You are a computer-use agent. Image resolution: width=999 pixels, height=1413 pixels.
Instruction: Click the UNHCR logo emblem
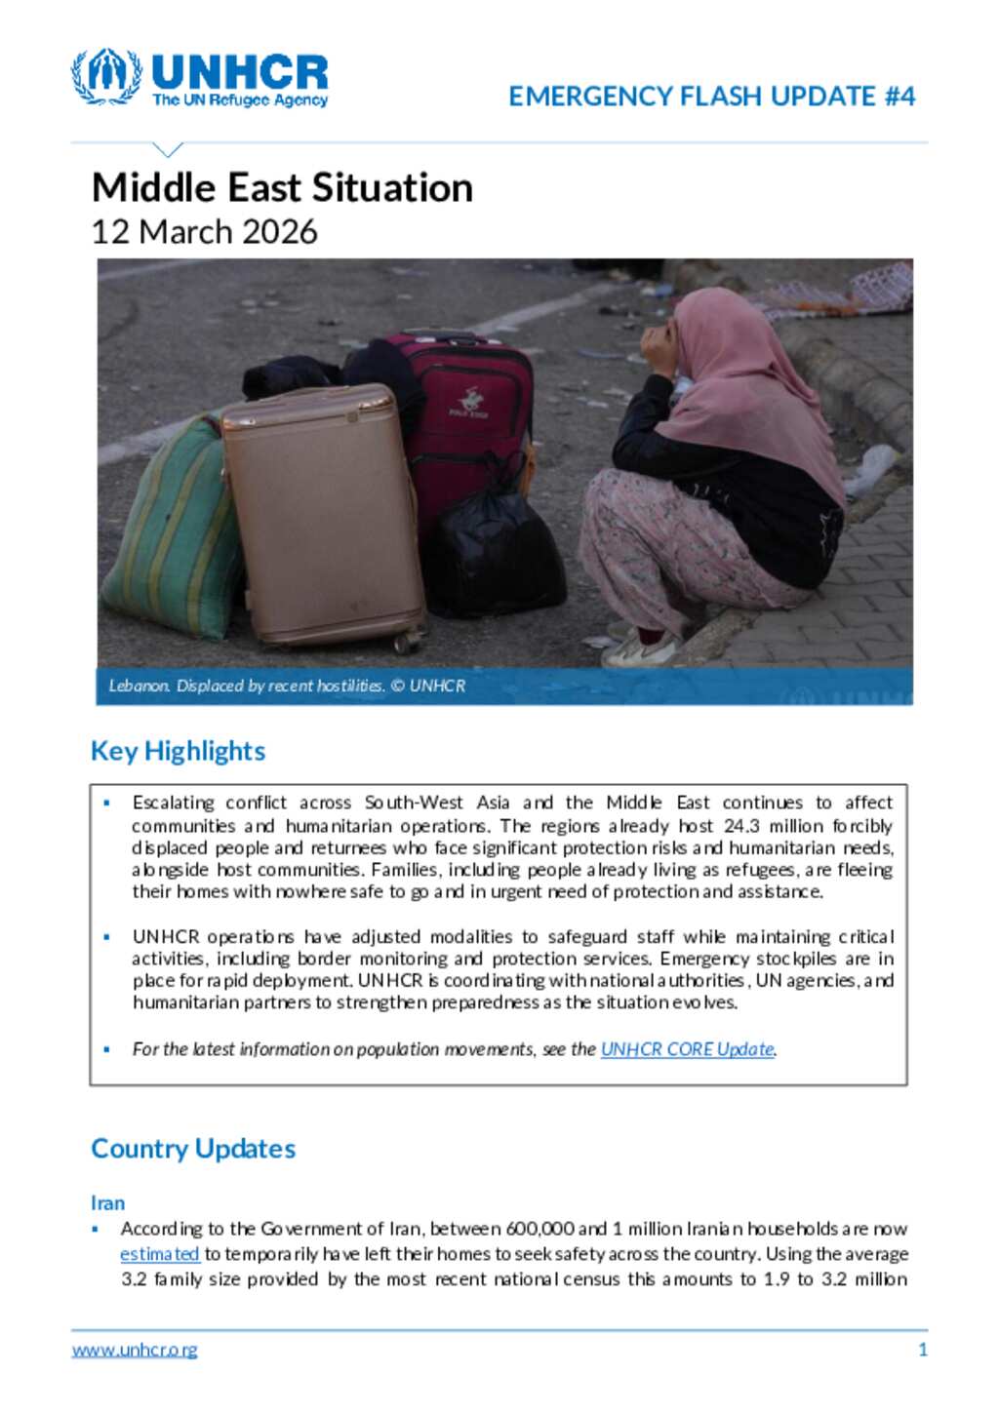coord(106,76)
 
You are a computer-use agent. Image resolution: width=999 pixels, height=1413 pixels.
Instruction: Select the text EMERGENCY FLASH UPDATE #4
coord(711,97)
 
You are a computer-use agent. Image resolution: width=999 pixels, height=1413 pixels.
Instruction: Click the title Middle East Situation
coord(282,187)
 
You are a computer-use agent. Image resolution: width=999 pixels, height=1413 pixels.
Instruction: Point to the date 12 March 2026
coord(204,232)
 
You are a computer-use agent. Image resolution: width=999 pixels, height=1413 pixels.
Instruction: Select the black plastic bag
coord(496,556)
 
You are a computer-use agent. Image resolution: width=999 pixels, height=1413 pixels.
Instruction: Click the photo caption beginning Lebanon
coord(287,686)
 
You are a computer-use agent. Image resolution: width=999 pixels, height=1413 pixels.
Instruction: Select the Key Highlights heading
coord(178,751)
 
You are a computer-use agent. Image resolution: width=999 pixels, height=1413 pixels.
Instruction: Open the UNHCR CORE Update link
coord(688,1049)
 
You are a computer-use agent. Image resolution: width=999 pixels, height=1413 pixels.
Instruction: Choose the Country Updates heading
coord(193,1149)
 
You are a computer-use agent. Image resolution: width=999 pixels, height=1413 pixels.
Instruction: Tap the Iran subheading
coord(107,1203)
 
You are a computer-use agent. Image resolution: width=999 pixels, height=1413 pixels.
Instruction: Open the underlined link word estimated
coord(160,1254)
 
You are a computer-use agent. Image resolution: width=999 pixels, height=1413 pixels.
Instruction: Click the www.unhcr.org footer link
coord(135,1351)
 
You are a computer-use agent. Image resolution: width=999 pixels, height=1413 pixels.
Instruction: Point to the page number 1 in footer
coord(923,1351)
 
